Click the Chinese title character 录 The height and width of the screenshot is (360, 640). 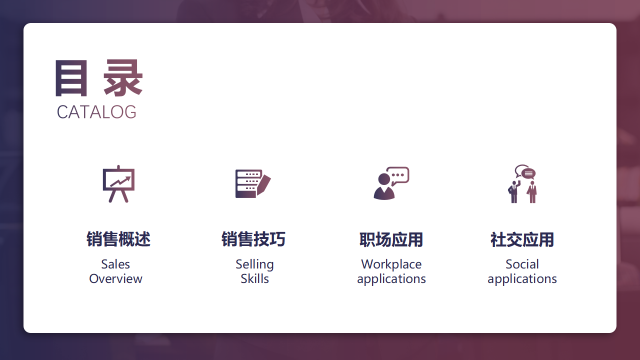[123, 78]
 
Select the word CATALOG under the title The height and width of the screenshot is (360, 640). [96, 112]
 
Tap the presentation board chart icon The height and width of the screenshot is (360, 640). [118, 183]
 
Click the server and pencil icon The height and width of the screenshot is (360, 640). [253, 183]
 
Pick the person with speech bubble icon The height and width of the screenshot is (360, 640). [391, 183]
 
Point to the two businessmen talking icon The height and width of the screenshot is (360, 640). [522, 183]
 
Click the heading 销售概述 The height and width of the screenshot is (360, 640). [118, 239]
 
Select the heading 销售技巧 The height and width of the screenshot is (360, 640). [253, 239]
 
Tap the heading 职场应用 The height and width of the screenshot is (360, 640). [391, 240]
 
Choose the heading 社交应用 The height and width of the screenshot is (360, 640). [522, 240]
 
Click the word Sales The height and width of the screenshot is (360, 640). [115, 264]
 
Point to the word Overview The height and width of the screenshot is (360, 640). [115, 278]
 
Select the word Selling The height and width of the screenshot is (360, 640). [254, 264]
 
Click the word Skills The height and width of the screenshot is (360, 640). [254, 278]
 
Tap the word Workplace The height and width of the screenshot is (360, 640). [391, 264]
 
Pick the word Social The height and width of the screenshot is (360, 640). [522, 264]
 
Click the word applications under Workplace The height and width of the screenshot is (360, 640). [391, 278]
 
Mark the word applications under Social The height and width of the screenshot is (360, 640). [522, 278]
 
